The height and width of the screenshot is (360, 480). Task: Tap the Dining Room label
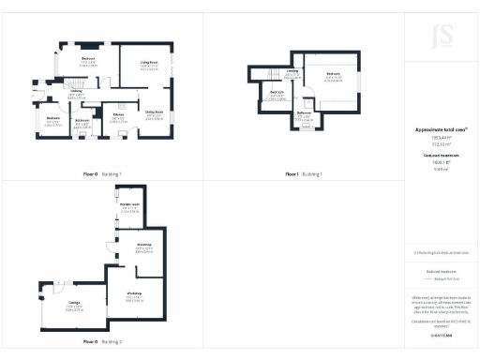154,112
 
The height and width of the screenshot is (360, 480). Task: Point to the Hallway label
75,92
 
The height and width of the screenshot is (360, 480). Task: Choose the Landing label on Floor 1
292,69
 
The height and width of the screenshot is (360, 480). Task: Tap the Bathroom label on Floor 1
304,112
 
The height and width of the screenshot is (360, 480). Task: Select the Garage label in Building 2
72,302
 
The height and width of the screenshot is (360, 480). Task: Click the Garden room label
129,203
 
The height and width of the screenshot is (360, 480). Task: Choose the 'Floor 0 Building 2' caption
101,342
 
